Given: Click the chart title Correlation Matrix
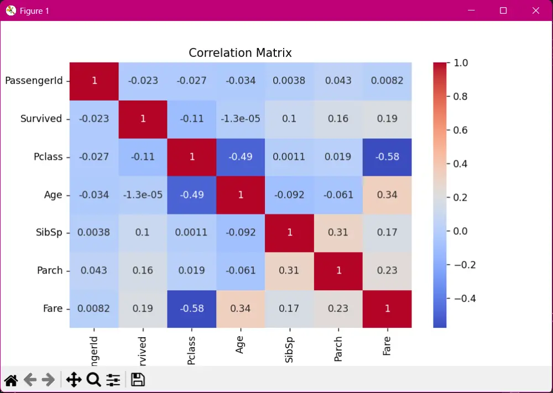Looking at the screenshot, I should [x=240, y=53].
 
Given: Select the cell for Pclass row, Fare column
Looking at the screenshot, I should [x=387, y=156].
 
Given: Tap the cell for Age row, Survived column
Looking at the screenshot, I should [x=143, y=195].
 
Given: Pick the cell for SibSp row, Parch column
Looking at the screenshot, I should [x=338, y=233].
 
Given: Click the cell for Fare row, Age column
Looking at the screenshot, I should [x=240, y=308].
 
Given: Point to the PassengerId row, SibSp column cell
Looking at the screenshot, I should [x=289, y=81].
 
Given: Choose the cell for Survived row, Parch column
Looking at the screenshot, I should [x=338, y=119].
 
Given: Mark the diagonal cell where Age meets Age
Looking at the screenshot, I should [x=240, y=195].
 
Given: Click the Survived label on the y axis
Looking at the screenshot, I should [x=41, y=119].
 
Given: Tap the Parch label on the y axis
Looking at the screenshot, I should [x=50, y=270].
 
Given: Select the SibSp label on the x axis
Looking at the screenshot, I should [x=289, y=350].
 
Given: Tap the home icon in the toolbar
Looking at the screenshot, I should [x=11, y=380].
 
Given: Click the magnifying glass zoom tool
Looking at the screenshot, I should [x=93, y=380].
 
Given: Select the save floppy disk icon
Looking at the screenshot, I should [x=138, y=380].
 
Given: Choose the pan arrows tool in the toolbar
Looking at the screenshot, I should [x=74, y=380].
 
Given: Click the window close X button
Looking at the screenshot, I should [x=535, y=11].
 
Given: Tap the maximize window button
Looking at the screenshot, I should [x=503, y=11].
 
